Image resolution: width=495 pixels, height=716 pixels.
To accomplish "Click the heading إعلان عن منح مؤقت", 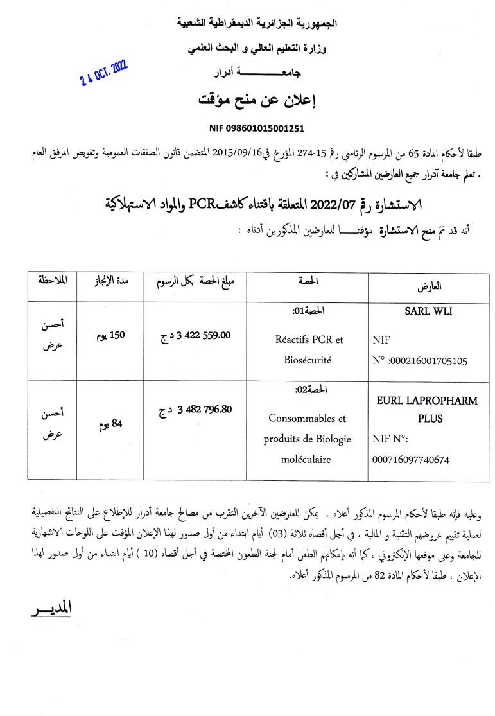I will pos(266,101).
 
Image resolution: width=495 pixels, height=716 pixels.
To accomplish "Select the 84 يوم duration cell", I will pos(109,424).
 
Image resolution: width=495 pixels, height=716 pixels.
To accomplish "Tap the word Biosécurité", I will pos(307,360).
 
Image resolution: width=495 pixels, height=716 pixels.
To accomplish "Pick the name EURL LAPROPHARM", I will pos(426,401).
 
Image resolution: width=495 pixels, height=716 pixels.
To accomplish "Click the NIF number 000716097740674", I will pos(410,460).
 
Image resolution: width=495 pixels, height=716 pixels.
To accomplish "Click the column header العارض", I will pos(430,286).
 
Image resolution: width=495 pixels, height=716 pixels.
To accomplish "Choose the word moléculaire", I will pos(306,460).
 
